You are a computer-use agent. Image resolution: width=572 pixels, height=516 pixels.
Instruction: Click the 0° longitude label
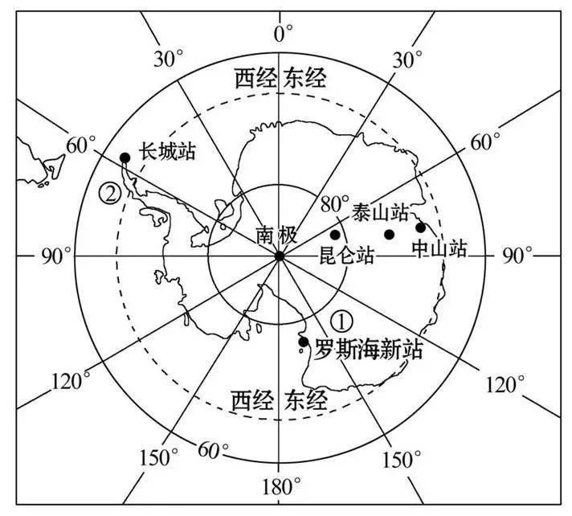pos(283,34)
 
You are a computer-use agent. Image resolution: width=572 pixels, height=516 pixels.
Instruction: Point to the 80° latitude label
pos(335,203)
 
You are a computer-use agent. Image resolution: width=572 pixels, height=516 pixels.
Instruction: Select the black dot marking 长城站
pos(125,158)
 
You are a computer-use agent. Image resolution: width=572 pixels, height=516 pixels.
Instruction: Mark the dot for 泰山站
pos(390,235)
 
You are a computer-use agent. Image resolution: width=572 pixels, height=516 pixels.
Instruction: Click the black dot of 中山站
pos(420,227)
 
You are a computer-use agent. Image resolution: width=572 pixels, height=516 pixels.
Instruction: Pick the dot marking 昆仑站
pos(335,235)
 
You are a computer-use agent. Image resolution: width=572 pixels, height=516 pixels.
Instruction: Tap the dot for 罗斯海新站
pos(303,342)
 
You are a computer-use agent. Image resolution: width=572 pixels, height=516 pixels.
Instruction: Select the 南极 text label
pos(276,235)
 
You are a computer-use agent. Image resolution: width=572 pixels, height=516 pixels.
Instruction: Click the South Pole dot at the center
pos(279,256)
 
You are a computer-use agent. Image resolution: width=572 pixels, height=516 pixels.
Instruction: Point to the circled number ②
pos(109,193)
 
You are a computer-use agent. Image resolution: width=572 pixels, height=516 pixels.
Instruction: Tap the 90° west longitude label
pos(56,256)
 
